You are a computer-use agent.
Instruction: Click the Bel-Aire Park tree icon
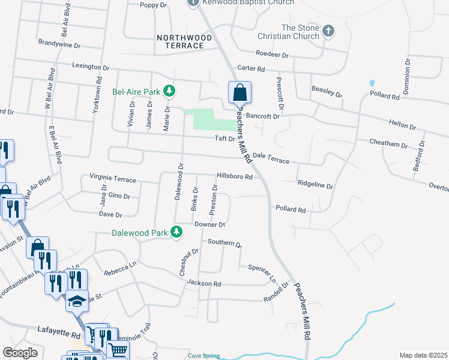[170, 91]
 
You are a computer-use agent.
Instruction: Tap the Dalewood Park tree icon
[176, 232]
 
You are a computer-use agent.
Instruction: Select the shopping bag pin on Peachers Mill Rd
[240, 93]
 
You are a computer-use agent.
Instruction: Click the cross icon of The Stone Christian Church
[328, 31]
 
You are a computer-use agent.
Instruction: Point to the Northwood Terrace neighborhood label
[184, 41]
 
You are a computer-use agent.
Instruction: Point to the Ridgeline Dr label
[315, 186]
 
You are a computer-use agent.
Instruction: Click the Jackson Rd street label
[204, 283]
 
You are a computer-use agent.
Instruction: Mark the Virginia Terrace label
[113, 178]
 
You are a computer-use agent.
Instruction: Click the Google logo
[20, 353]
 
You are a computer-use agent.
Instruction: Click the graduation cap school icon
[77, 300]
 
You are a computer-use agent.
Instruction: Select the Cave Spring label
[203, 356]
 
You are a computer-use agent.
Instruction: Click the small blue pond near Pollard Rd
[372, 83]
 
